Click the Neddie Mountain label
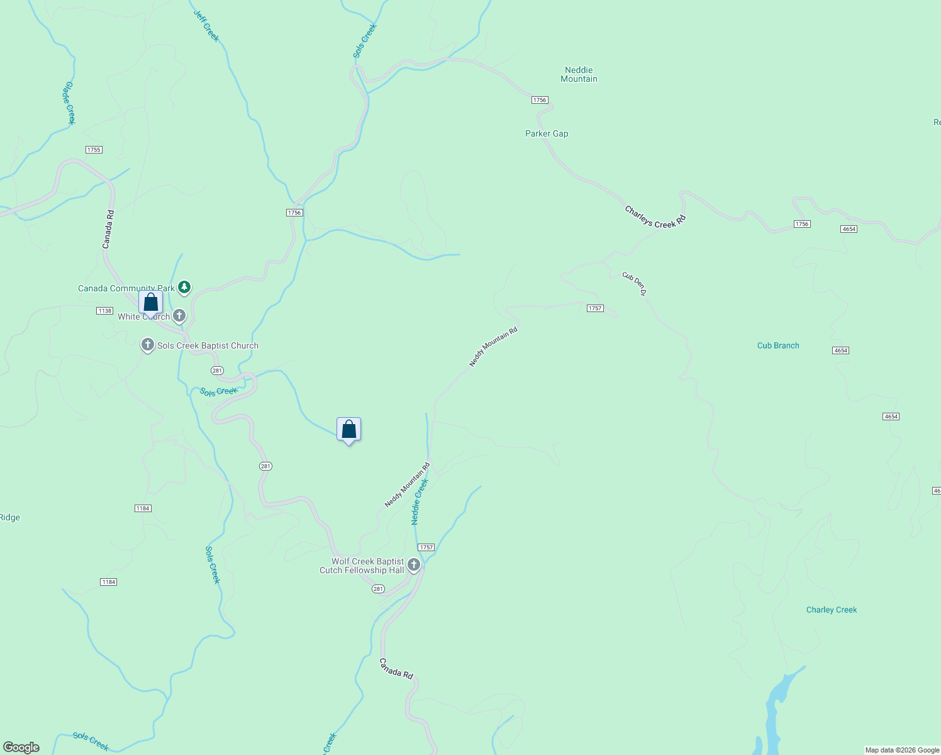[579, 74]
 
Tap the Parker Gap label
[547, 133]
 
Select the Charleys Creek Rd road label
[655, 217]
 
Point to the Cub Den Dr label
[634, 284]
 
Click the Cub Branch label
[778, 345]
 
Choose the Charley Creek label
[832, 610]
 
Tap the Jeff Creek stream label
[206, 26]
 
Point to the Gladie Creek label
[70, 103]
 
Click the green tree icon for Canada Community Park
[184, 288]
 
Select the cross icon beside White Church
[179, 315]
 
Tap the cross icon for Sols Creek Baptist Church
[148, 345]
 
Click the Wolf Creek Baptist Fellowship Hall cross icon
[414, 565]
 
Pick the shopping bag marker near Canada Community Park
[151, 303]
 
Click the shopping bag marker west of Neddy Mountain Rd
[348, 430]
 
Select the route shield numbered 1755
[94, 150]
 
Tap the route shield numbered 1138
[104, 311]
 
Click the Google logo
[21, 747]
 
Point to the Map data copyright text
[901, 750]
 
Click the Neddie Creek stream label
[420, 501]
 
